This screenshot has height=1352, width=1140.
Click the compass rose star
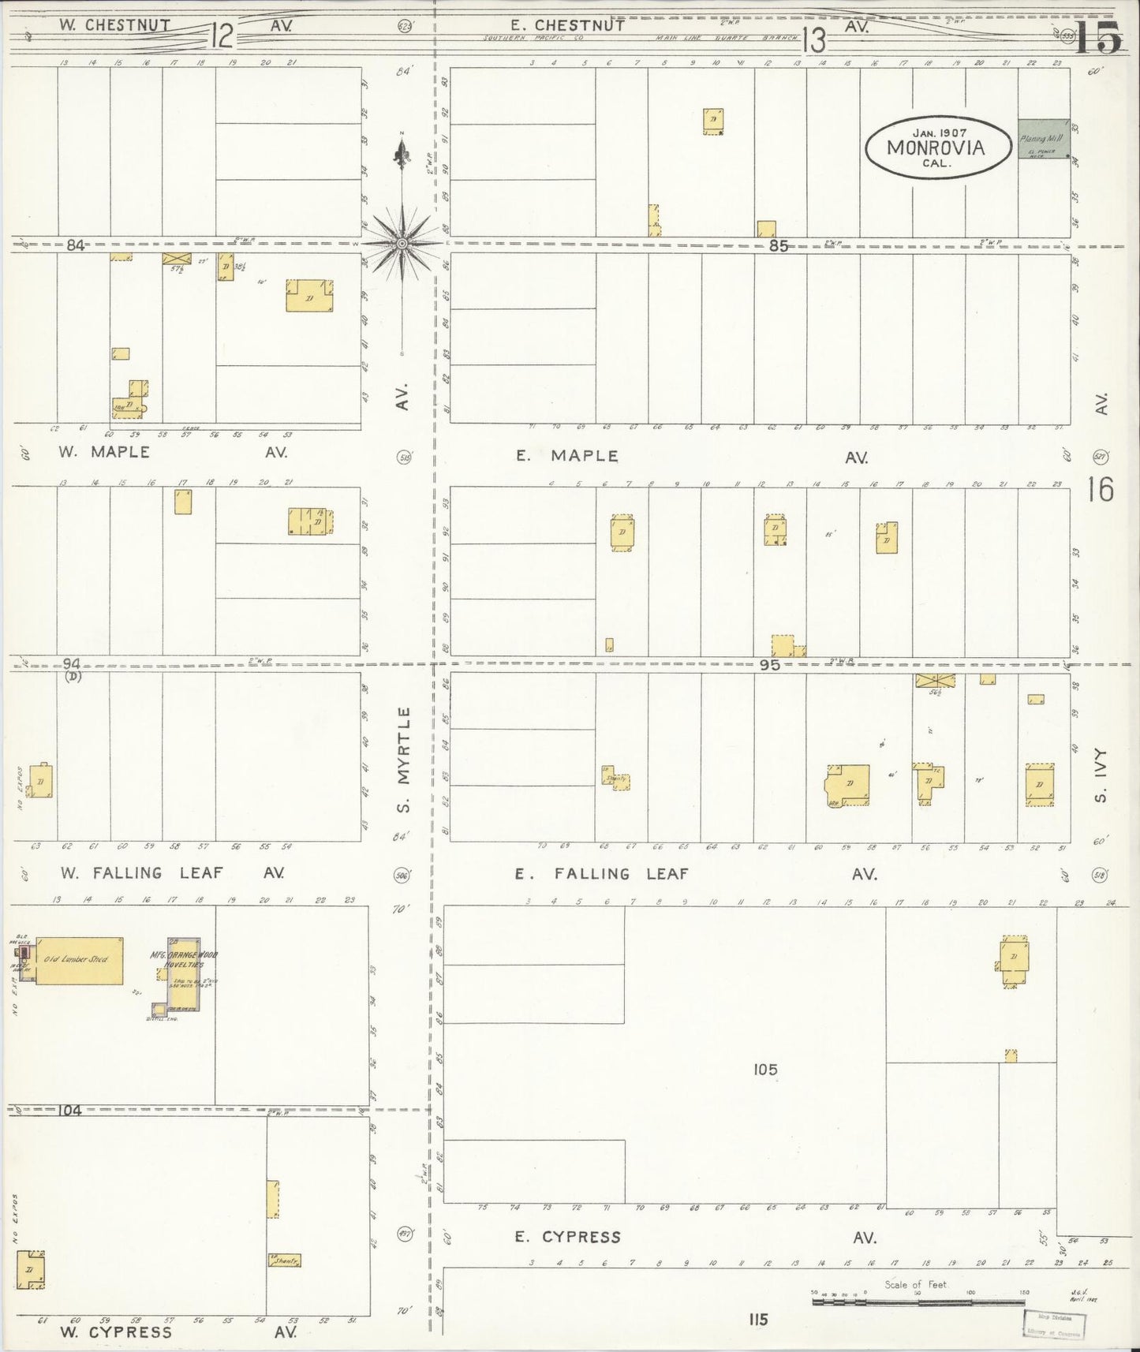tap(402, 244)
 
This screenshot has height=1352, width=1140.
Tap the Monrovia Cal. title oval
tap(937, 148)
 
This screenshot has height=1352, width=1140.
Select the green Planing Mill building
tap(1043, 139)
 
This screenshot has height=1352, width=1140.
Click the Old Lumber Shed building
tap(79, 960)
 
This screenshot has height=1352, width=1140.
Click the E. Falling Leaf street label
tap(602, 874)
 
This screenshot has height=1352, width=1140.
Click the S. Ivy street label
tap(1101, 775)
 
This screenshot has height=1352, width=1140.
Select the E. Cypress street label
tap(568, 1237)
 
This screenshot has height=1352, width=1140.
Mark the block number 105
tap(764, 1070)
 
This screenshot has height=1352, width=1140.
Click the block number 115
tap(758, 1319)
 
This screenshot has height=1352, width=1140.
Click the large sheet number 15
tap(1097, 37)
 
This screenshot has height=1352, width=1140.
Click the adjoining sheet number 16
tap(1100, 490)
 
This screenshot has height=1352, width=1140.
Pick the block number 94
tap(72, 664)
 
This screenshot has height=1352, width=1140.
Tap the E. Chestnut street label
tap(567, 25)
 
